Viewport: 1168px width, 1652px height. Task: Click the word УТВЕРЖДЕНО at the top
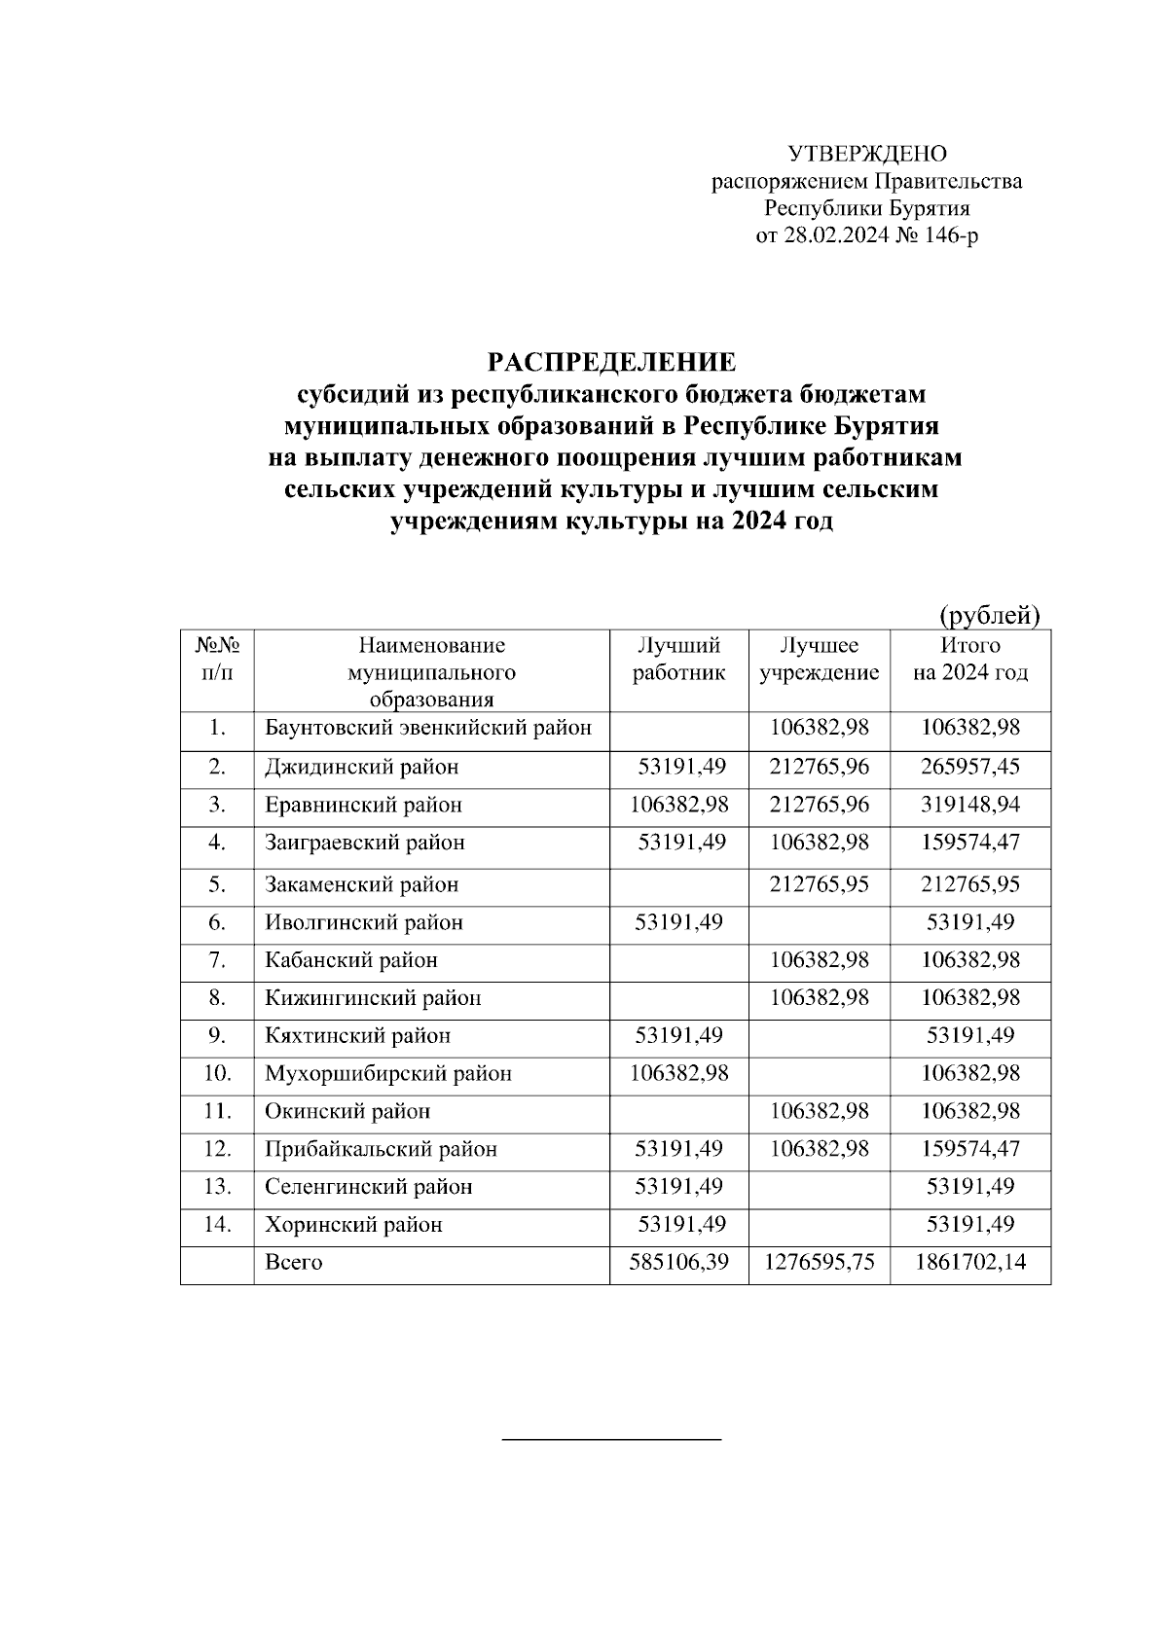coord(866,154)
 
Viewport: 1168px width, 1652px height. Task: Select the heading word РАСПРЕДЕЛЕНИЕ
coord(611,364)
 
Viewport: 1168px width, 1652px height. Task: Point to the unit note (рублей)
coord(989,615)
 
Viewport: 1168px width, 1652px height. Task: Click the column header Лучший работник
coord(678,660)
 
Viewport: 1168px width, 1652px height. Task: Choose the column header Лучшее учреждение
coord(819,660)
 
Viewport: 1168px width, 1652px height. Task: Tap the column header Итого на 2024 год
coord(969,660)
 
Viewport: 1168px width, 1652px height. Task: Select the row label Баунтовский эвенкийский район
coord(428,729)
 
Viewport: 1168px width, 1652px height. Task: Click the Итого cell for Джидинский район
coord(969,767)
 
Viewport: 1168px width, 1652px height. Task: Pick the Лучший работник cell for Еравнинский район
coord(678,805)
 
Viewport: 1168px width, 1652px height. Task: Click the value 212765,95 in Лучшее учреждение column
coord(819,884)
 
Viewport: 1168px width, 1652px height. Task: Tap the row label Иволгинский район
coord(364,922)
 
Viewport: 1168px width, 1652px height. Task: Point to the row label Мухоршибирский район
coord(388,1074)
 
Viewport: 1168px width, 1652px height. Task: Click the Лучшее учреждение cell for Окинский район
coord(819,1111)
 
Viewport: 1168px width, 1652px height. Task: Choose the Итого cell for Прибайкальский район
coord(969,1149)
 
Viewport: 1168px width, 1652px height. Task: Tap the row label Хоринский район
coord(353,1225)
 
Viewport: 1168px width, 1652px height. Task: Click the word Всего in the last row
coord(293,1263)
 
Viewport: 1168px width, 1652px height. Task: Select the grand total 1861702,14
coord(969,1263)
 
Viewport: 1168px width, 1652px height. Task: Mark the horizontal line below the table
coord(611,1438)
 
